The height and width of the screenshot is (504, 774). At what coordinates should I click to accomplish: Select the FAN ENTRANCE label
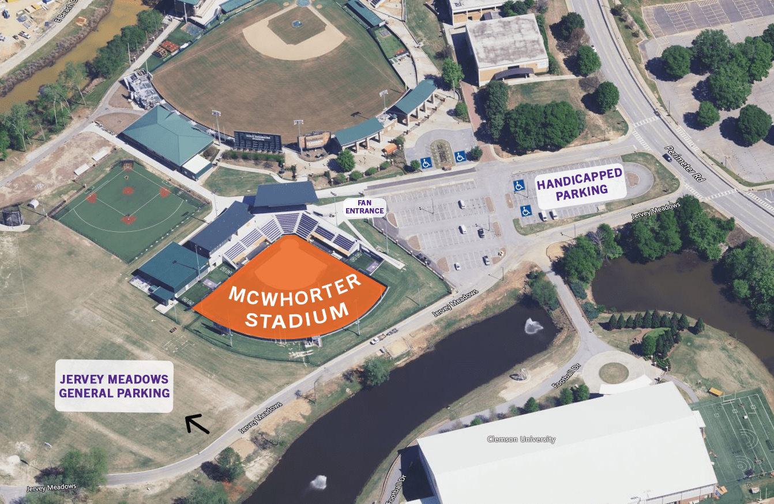[x=365, y=206]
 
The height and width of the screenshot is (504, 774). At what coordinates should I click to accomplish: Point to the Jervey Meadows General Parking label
[x=114, y=386]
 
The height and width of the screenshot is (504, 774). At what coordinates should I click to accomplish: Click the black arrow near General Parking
[x=197, y=424]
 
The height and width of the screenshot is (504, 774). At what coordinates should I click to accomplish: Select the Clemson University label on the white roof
[x=521, y=439]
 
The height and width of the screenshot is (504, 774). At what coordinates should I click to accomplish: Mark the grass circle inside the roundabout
[x=613, y=373]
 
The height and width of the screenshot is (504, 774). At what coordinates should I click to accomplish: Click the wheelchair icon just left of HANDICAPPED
[x=519, y=186]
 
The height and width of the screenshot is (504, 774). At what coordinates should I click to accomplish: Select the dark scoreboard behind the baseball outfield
[x=258, y=141]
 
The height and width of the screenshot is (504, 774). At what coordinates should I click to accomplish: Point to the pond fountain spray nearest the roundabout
[x=533, y=326]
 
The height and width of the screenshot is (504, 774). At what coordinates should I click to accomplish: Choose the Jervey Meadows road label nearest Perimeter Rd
[x=652, y=211]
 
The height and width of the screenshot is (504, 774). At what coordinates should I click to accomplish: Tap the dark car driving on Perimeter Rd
[x=667, y=157]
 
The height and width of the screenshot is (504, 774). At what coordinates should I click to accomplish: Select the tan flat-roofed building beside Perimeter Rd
[x=506, y=46]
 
